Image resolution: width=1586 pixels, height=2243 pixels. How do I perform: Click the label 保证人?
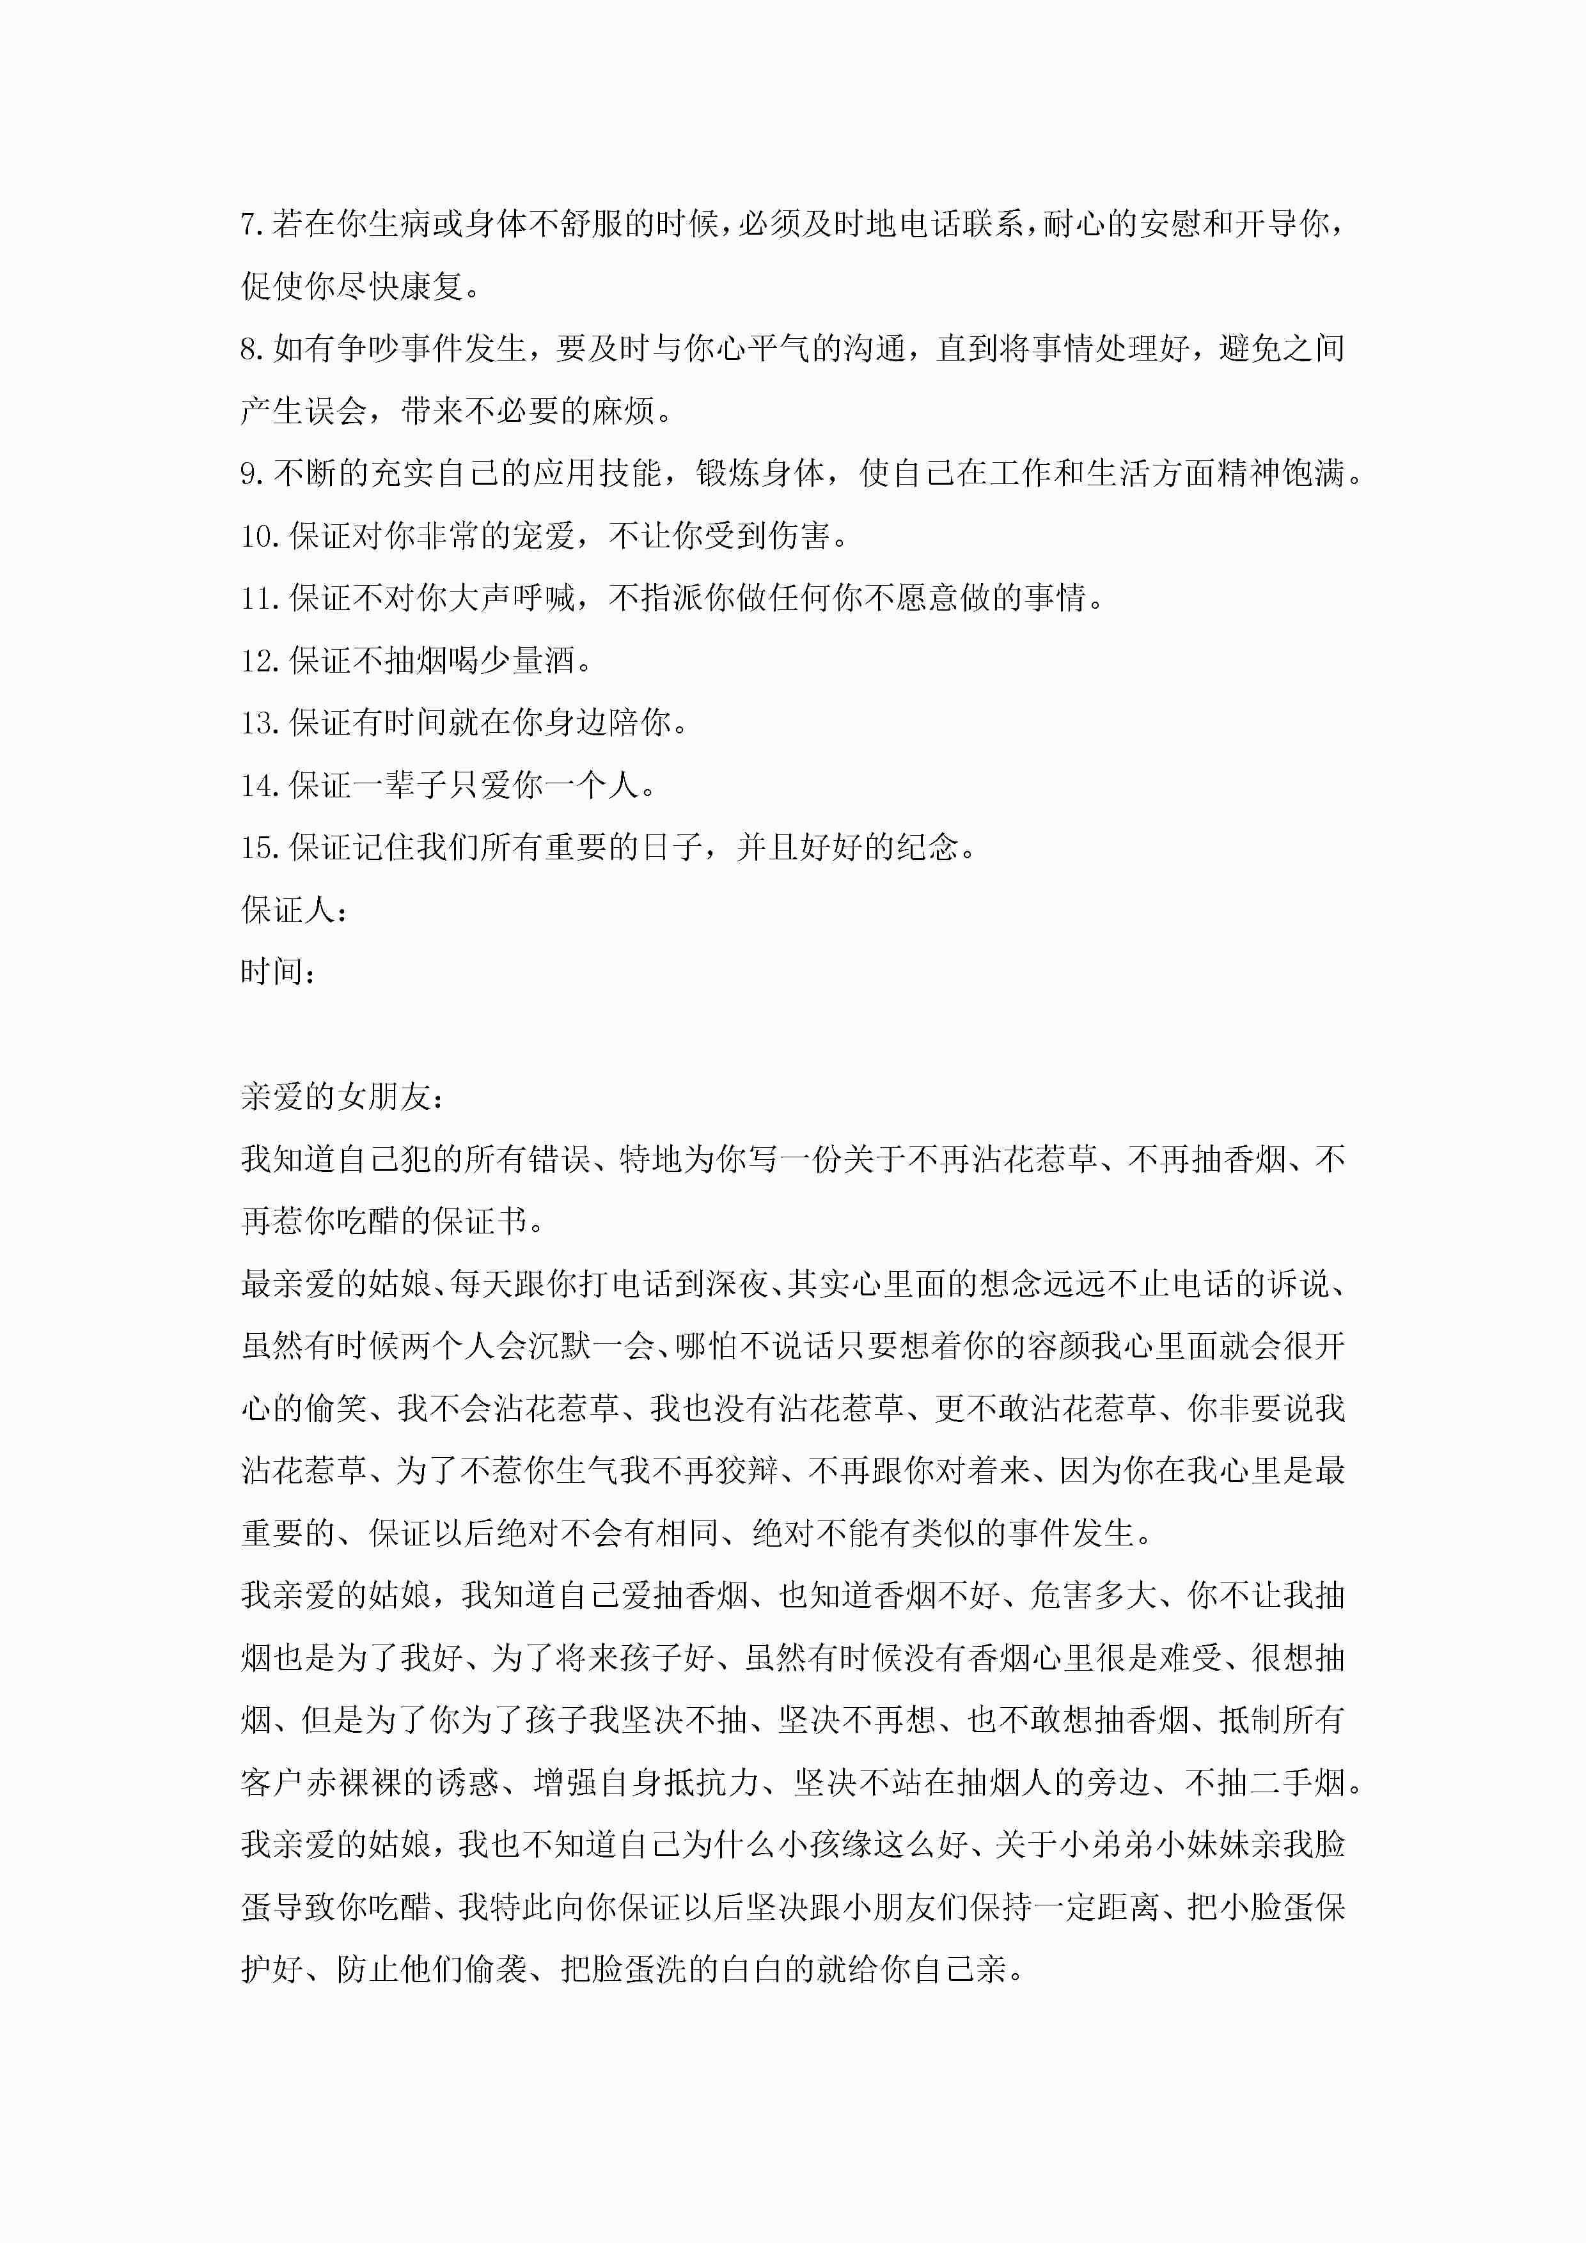(x=293, y=912)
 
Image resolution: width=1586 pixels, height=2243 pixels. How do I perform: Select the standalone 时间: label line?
(x=278, y=973)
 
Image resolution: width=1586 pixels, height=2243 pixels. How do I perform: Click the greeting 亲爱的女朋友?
(x=342, y=1098)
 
